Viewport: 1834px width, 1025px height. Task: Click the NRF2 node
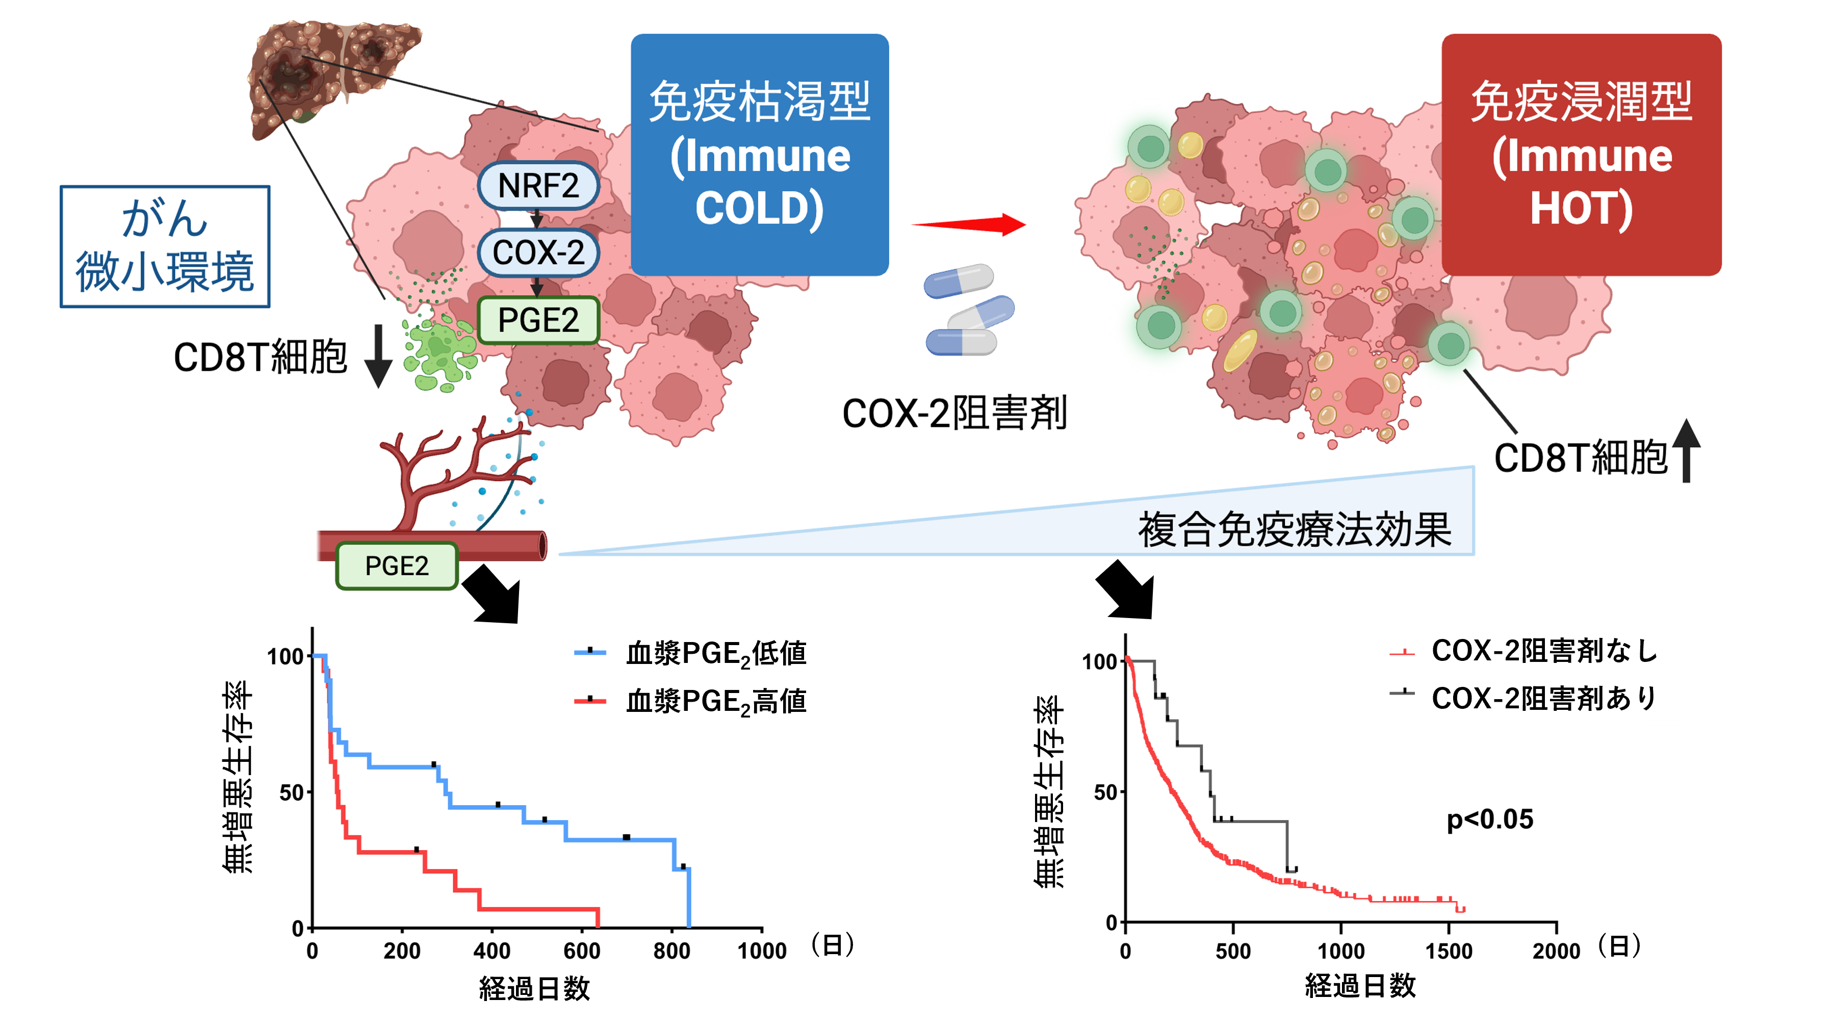tap(538, 186)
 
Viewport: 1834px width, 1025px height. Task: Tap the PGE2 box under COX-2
tap(538, 320)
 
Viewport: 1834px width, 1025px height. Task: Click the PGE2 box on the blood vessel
tap(397, 566)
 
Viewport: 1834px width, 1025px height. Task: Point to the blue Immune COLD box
tap(760, 155)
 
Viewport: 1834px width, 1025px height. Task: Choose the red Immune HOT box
tap(1581, 155)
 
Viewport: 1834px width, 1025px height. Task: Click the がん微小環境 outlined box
tap(165, 246)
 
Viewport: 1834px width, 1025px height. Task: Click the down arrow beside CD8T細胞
tap(378, 355)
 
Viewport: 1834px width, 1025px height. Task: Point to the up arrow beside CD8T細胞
tap(1686, 451)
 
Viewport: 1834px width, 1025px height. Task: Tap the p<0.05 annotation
tap(1489, 819)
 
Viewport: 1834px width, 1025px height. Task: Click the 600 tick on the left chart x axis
tap(582, 950)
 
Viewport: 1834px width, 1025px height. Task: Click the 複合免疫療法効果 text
tap(1295, 530)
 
